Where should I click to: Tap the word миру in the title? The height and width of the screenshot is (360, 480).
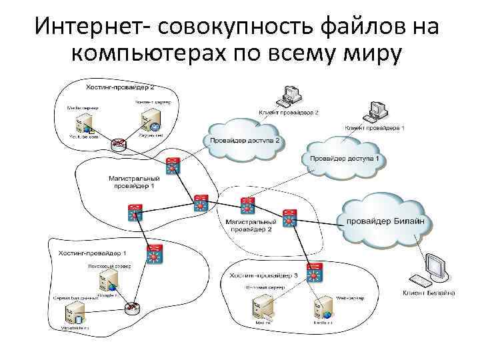(x=367, y=55)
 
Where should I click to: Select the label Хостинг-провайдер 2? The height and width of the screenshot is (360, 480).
(x=120, y=87)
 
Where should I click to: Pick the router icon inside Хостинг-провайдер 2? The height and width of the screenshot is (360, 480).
(x=119, y=142)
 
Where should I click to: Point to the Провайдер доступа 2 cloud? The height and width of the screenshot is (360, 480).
(x=244, y=141)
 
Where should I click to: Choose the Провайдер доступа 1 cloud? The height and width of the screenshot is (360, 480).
(x=343, y=158)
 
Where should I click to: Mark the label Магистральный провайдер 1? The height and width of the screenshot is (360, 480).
(x=134, y=183)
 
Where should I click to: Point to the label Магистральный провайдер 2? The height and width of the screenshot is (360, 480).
(x=251, y=225)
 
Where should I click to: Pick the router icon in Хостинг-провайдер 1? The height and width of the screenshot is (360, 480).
(x=131, y=307)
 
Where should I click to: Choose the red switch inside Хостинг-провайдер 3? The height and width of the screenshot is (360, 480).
(x=313, y=272)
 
